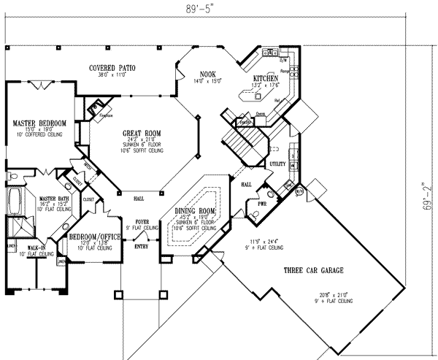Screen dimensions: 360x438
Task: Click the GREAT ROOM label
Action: (142, 133)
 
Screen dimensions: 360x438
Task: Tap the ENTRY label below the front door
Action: (140, 245)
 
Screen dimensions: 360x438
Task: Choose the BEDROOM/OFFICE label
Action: (91, 238)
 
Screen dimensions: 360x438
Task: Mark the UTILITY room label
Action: (277, 164)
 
